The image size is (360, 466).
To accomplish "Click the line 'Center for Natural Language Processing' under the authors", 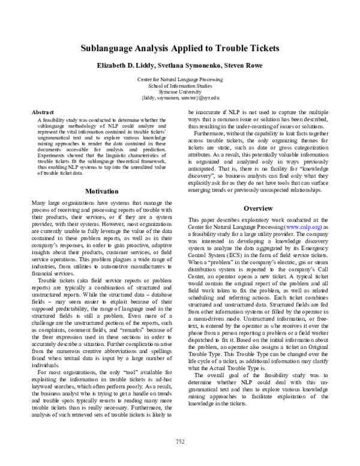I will click(x=179, y=79).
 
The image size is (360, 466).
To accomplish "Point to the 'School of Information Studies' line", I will click(x=179, y=85).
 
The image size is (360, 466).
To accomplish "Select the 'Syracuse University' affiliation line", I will click(x=179, y=91).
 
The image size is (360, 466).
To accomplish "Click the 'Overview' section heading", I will click(x=258, y=208).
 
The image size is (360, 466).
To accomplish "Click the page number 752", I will click(x=179, y=443).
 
